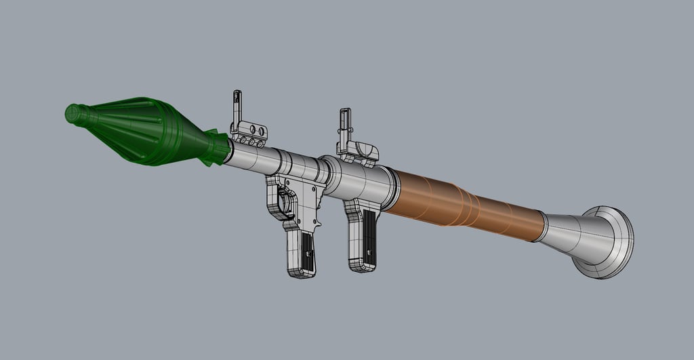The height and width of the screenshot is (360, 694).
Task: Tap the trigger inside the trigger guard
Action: click(x=285, y=203)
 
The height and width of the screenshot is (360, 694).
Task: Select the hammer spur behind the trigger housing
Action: click(x=318, y=203)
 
